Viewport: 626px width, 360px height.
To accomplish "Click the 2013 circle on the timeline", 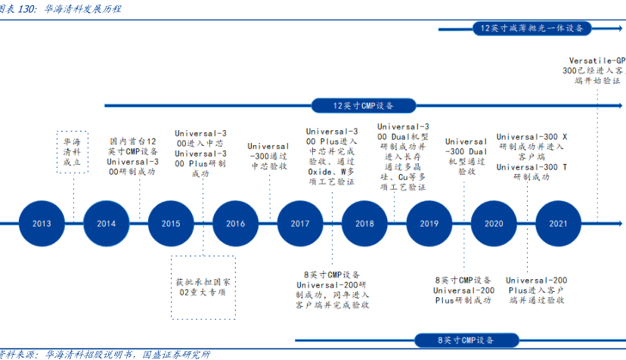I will (42, 223).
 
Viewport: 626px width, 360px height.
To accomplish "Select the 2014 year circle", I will (107, 223).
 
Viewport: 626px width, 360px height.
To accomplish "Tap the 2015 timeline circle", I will (171, 223).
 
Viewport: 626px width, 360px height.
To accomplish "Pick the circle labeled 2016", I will (235, 223).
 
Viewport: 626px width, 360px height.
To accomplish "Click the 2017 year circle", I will (299, 223).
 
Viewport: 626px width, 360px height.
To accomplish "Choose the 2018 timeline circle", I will (364, 223).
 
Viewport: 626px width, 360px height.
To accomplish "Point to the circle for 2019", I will (429, 223).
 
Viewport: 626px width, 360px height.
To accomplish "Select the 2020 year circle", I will (494, 223).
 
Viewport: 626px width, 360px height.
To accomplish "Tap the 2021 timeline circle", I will (558, 223).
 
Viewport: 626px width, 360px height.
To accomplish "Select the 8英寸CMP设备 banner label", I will (466, 340).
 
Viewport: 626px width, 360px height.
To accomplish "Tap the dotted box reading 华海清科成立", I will (73, 151).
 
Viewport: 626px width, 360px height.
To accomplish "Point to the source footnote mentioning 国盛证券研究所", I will (106, 354).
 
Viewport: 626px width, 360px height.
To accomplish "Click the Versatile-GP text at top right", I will (597, 60).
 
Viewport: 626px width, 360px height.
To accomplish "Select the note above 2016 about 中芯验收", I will (268, 155).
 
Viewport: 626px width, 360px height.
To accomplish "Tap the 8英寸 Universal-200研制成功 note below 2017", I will (332, 290).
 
